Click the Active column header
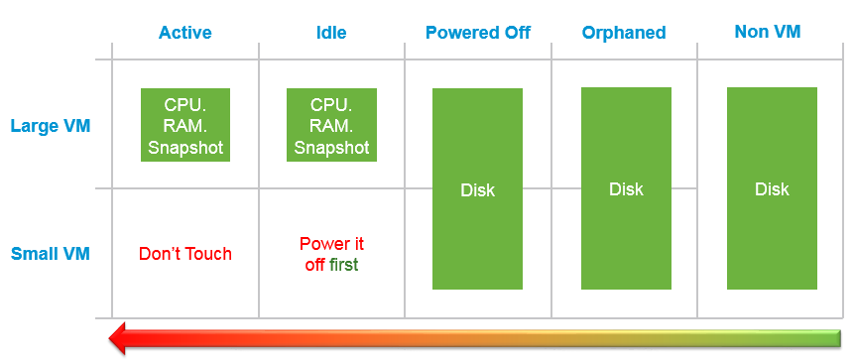[185, 33]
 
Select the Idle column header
[331, 33]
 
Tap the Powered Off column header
[478, 33]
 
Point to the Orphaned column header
[624, 33]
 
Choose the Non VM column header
[768, 32]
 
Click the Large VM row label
[51, 126]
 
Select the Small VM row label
[51, 254]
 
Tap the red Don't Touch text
[185, 254]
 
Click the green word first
[344, 265]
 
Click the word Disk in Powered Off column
[478, 190]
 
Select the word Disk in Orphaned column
[626, 189]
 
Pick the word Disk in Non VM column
[772, 189]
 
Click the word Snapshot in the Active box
[185, 148]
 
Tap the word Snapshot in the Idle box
[331, 148]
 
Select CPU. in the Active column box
[185, 105]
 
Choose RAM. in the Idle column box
[331, 126]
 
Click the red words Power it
[331, 243]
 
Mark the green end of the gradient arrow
[839, 338]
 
